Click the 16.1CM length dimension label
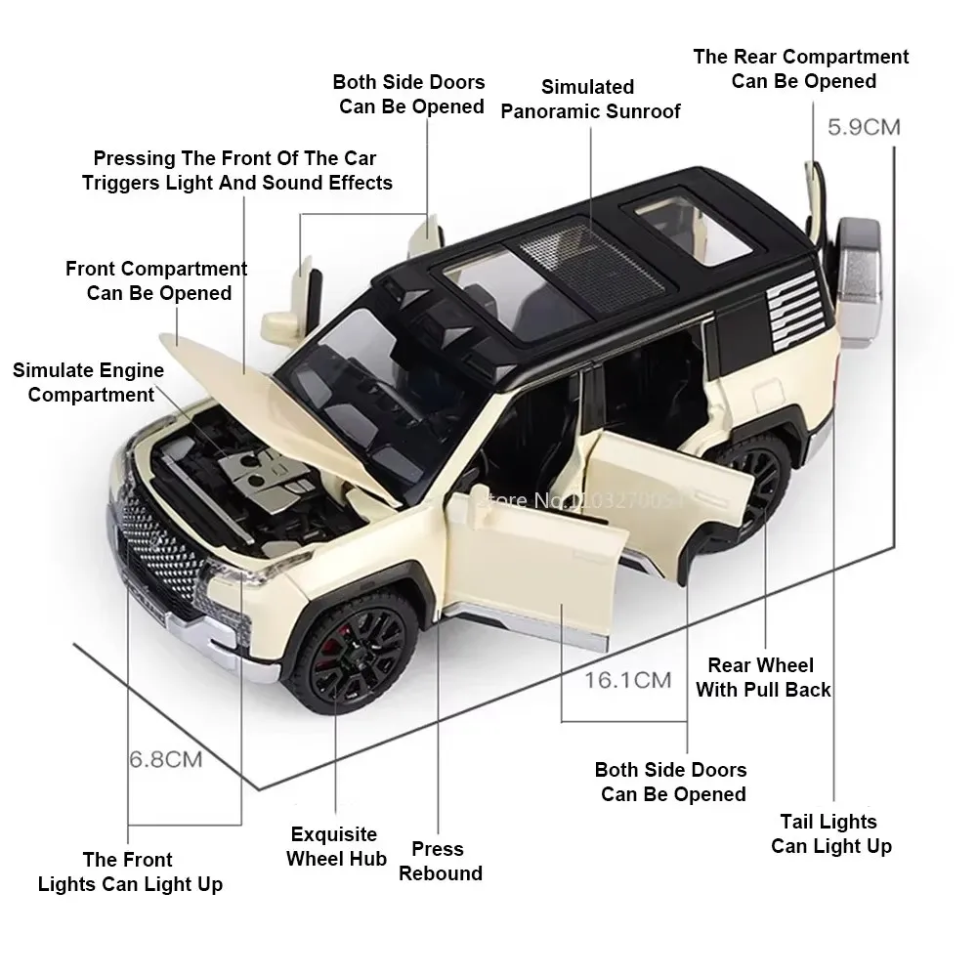coord(627,678)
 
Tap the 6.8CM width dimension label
coord(166,758)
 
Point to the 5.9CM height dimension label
coord(864,127)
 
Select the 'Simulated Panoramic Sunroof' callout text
coord(590,99)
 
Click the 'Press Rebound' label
coord(440,861)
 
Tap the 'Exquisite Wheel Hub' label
coord(333,846)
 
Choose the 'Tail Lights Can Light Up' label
coord(829,833)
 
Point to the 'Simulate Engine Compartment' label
coord(89,382)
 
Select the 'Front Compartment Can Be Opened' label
coord(156,280)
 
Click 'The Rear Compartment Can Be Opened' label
coord(801,68)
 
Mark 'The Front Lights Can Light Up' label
coord(129,871)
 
